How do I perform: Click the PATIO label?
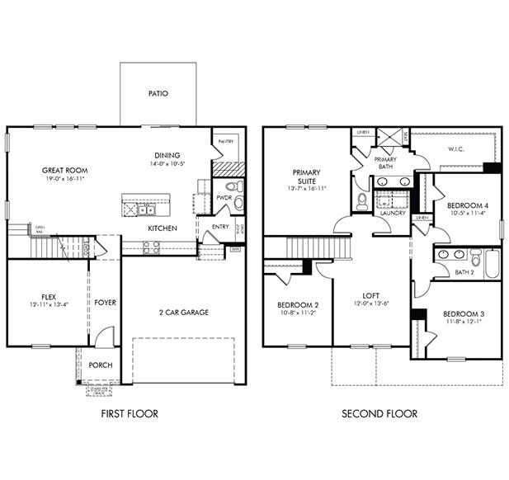pos(158,93)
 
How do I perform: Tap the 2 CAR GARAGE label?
pos(183,313)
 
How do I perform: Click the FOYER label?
pos(105,303)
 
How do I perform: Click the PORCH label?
pos(101,365)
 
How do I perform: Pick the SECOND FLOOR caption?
pos(379,414)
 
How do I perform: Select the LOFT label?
pos(371,294)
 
